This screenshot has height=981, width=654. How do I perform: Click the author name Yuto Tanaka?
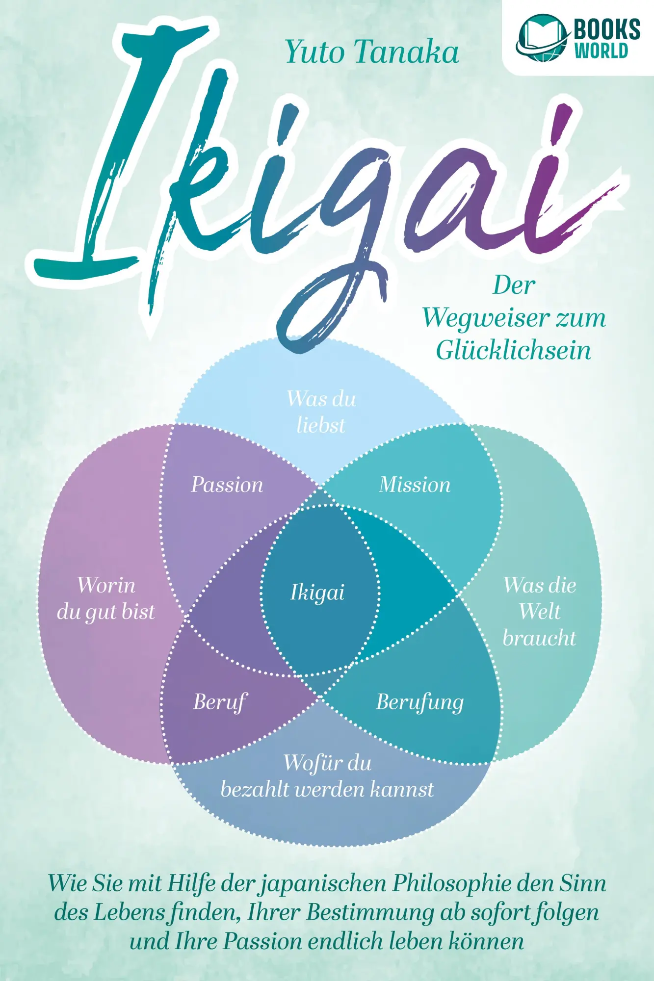372,52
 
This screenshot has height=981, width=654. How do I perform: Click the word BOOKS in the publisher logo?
607,29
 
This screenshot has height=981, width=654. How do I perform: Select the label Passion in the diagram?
227,485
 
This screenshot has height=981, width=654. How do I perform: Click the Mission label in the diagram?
415,485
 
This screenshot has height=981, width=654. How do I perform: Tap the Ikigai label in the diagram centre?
317,593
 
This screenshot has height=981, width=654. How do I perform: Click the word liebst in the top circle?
321,425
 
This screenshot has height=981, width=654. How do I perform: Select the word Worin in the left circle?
106,585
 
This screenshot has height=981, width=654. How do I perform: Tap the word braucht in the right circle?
539,638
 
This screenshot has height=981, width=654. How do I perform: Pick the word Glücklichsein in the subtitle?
513,350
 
